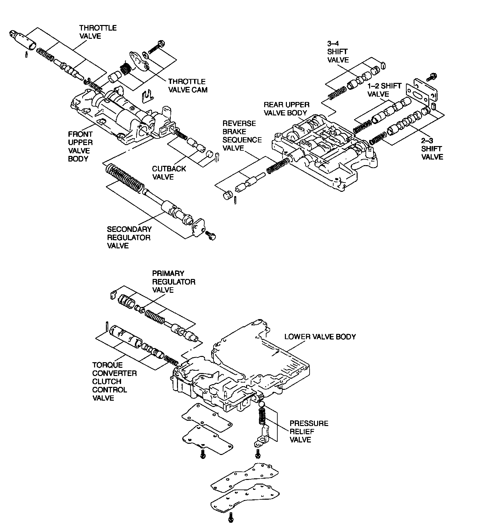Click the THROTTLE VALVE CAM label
click(x=188, y=86)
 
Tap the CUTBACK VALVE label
click(x=169, y=173)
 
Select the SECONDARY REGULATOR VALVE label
click(x=129, y=238)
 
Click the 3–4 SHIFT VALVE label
click(x=338, y=52)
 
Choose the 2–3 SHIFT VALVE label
click(x=432, y=149)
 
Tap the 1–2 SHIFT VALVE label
click(x=384, y=90)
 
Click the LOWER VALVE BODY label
click(x=320, y=337)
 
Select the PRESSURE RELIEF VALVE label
click(x=309, y=431)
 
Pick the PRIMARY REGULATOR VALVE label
click(x=173, y=282)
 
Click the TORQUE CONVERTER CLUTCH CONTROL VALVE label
click(x=114, y=382)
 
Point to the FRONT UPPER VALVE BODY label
click(x=80, y=146)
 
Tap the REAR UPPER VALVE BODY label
click(x=286, y=109)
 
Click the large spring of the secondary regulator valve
click(x=125, y=178)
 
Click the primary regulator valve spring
click(x=155, y=316)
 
